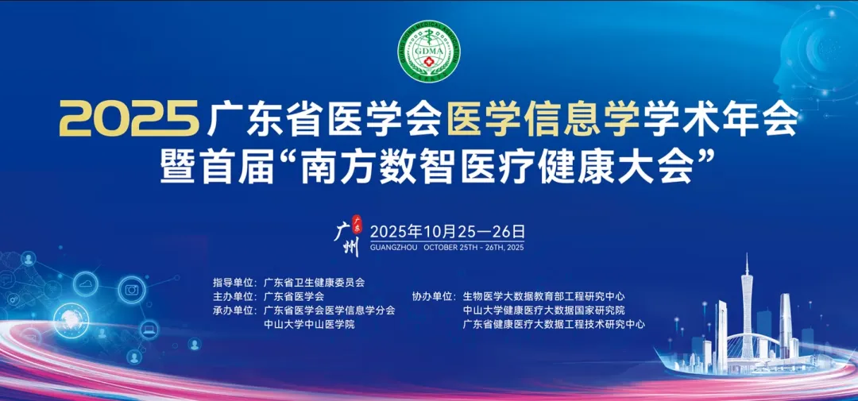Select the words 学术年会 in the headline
(718, 121)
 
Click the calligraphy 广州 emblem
(350, 234)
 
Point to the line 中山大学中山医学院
(308, 324)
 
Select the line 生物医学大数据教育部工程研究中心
(543, 296)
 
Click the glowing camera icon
(132, 290)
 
